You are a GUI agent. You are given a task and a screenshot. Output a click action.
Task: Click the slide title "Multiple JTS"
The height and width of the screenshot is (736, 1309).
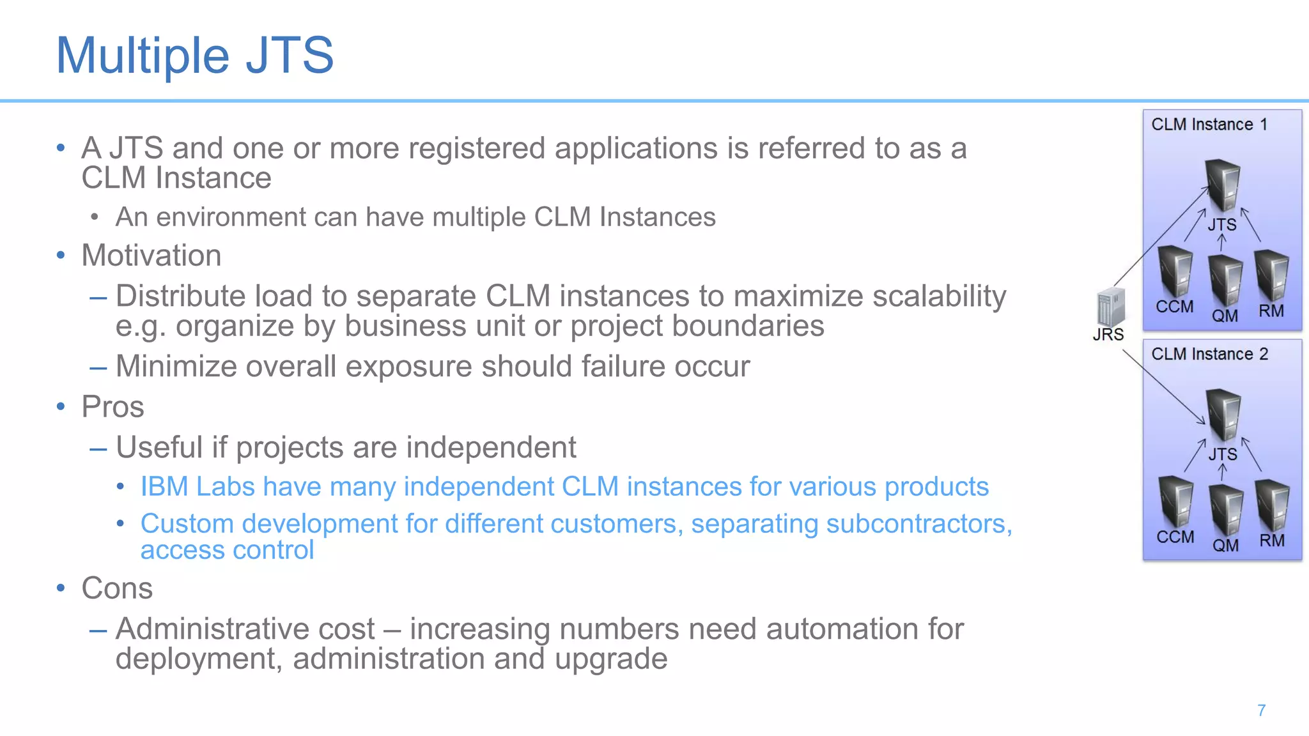[195, 56]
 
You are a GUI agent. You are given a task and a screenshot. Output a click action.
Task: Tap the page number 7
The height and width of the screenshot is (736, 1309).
[1261, 710]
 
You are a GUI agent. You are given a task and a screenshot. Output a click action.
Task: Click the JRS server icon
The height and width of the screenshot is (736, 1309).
[1110, 307]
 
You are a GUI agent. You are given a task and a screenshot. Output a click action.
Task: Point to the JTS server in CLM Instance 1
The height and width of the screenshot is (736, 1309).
[1223, 185]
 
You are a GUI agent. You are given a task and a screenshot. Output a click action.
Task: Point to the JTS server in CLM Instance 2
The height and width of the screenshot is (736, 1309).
[1223, 415]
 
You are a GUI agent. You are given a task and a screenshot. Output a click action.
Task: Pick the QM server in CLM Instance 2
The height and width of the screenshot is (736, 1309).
[1226, 510]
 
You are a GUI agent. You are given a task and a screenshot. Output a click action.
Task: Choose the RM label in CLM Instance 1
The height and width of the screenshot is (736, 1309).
[1271, 311]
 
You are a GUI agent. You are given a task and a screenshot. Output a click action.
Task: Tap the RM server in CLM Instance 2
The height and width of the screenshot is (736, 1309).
[1272, 505]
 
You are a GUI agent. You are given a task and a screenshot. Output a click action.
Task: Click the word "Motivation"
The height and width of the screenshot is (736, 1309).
[151, 256]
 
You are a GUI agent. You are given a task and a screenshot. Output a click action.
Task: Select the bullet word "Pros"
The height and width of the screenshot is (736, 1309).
[112, 407]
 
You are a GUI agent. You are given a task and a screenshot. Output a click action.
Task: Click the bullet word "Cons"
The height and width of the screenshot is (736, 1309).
[117, 588]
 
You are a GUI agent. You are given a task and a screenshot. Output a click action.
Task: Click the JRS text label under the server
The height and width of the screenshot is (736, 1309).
[1108, 335]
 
